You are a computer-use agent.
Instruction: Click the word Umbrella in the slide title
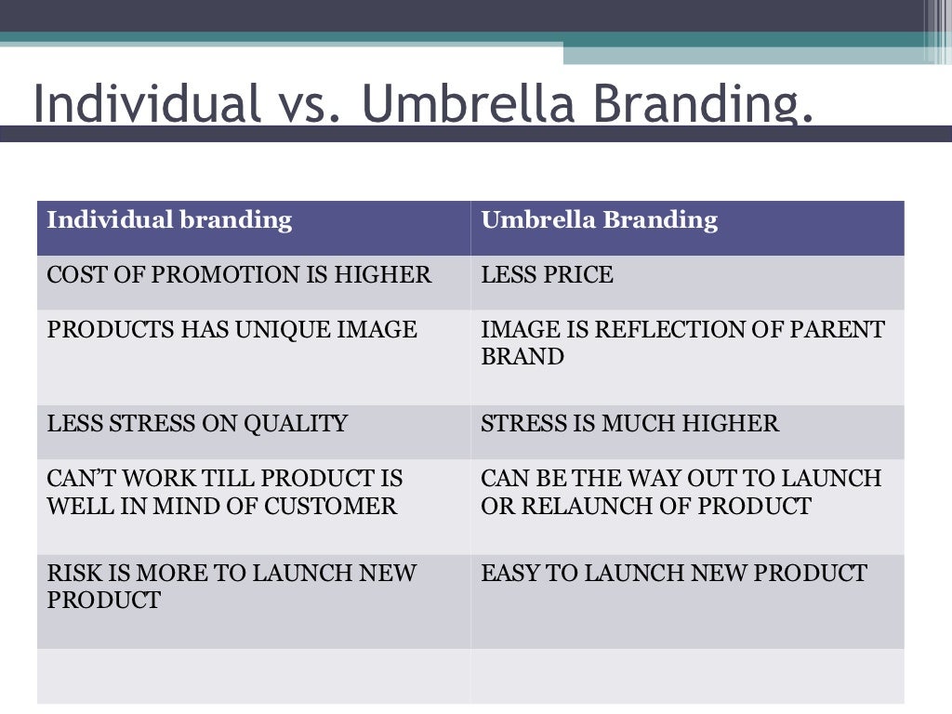[x=469, y=104]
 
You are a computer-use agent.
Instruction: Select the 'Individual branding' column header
[x=169, y=220]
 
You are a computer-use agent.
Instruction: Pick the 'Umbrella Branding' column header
[x=599, y=220]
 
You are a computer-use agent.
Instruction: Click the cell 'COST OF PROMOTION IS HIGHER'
[x=239, y=275]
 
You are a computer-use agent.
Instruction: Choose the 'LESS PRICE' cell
[x=547, y=275]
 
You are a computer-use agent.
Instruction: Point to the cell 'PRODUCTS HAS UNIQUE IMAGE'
[x=231, y=330]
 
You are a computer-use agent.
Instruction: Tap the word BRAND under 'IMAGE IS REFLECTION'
[x=522, y=357]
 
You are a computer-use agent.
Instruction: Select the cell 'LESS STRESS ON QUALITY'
[x=197, y=424]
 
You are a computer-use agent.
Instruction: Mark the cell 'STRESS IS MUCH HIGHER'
[x=629, y=424]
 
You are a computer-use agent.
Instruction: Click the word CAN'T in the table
[x=77, y=479]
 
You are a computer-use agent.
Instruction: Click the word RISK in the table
[x=69, y=573]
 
